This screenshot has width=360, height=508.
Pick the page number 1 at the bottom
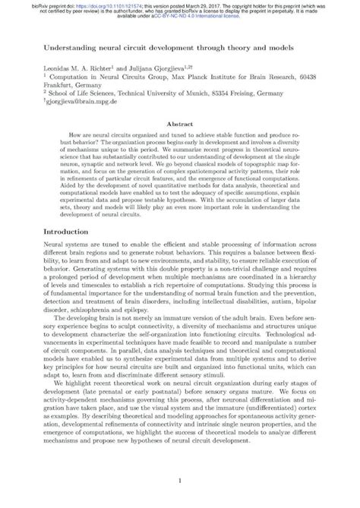[179, 481]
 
